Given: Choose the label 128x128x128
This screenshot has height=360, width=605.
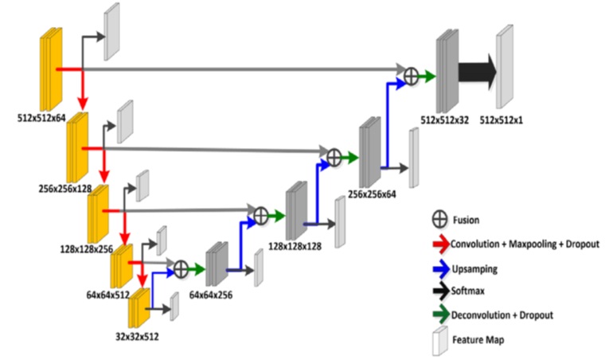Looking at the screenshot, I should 295,247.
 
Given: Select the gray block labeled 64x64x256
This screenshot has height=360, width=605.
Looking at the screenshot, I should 215,264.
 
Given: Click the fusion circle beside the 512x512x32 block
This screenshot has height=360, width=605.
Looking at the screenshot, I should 412,76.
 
